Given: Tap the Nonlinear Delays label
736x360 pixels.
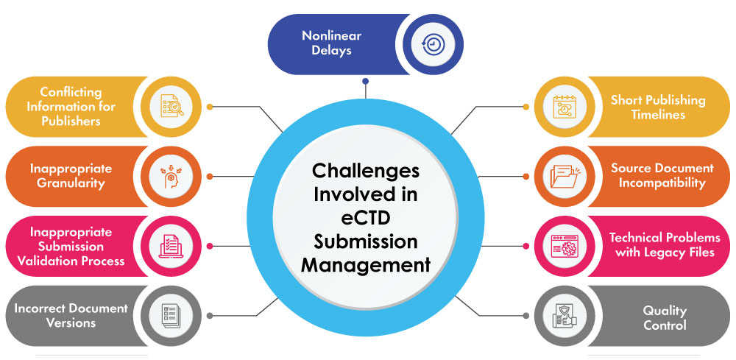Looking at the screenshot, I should point(331,43).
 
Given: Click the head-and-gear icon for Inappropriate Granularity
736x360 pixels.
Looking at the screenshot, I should point(171,177).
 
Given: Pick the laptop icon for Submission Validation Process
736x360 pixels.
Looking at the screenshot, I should point(171,246).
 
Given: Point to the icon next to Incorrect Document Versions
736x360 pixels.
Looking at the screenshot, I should point(171,315).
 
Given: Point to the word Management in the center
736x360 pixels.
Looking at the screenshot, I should point(366,265).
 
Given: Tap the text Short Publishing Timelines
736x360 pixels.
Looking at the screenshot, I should point(657,107).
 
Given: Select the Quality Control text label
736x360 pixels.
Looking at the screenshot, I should point(664,318).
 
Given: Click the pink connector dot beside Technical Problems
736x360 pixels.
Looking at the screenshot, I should point(525,246).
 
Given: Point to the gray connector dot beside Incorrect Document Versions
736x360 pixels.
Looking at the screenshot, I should point(210,315).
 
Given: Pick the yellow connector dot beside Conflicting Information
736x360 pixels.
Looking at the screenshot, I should point(210,107).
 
